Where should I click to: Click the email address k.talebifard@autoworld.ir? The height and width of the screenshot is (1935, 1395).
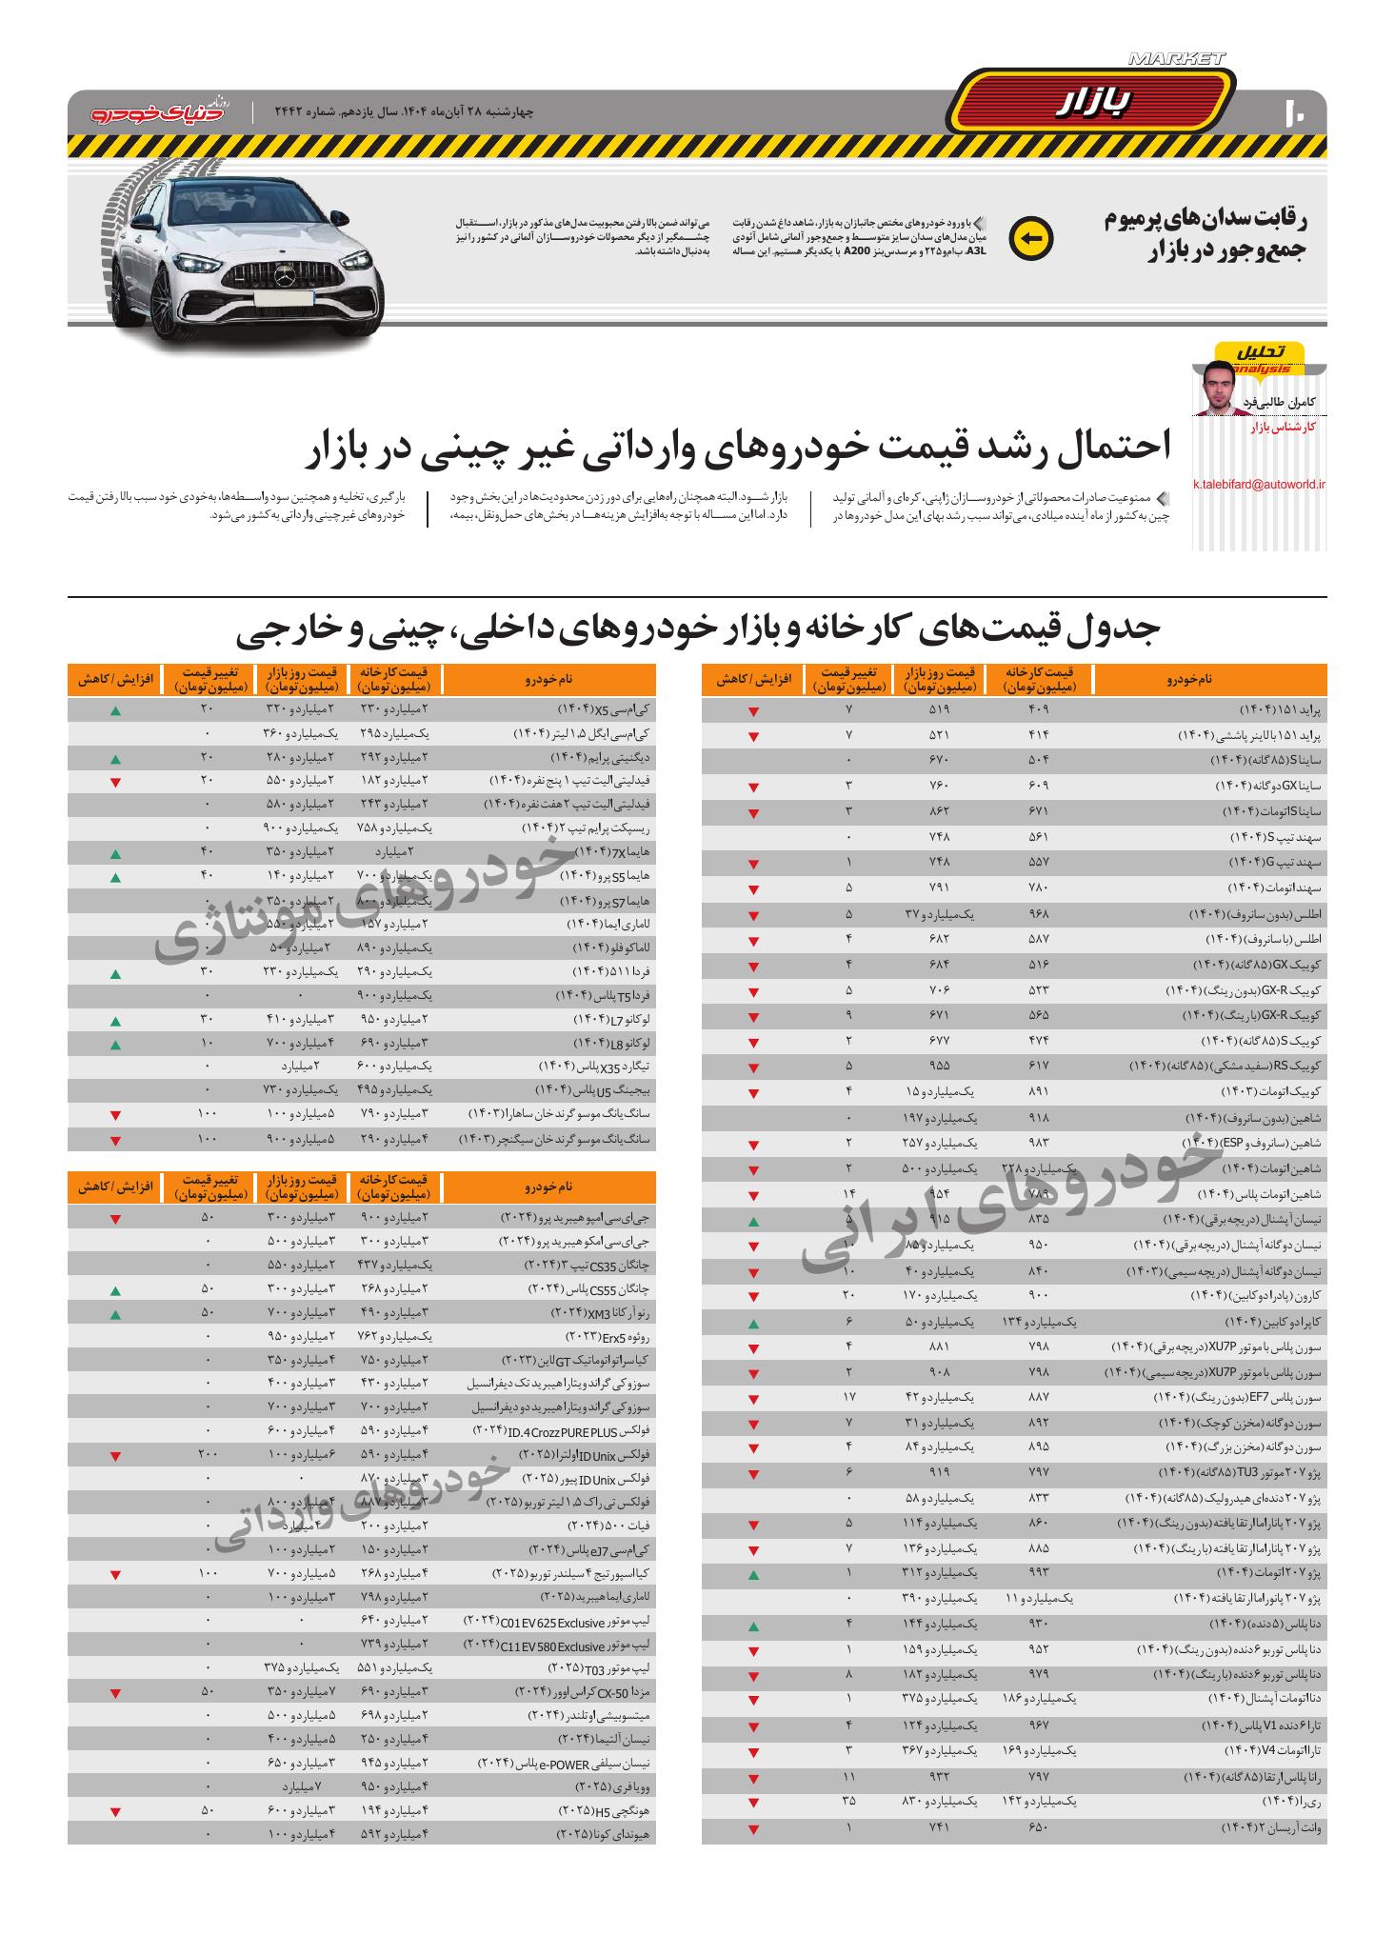(1259, 485)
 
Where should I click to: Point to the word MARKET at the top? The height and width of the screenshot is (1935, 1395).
(1176, 59)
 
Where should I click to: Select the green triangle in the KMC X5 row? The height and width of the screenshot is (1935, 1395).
(115, 710)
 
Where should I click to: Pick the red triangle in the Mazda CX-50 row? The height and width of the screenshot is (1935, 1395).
(115, 1694)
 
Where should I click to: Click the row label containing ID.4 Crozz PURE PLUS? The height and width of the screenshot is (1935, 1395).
(560, 1431)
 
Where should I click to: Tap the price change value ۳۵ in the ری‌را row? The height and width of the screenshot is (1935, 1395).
(848, 1802)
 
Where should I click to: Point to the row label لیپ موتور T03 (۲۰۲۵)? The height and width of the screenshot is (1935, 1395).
(599, 1668)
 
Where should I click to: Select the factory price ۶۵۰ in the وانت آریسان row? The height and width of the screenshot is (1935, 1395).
(1038, 1827)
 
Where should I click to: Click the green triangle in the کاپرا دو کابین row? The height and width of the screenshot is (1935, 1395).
(753, 1324)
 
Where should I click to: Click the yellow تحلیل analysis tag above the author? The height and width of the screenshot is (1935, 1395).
(1260, 353)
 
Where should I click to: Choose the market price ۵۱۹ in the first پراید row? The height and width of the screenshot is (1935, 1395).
(939, 710)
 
